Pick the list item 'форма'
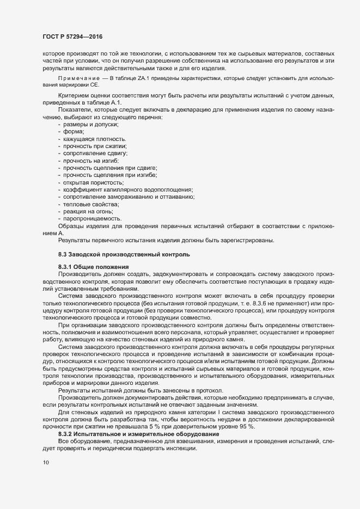[x=74, y=132]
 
